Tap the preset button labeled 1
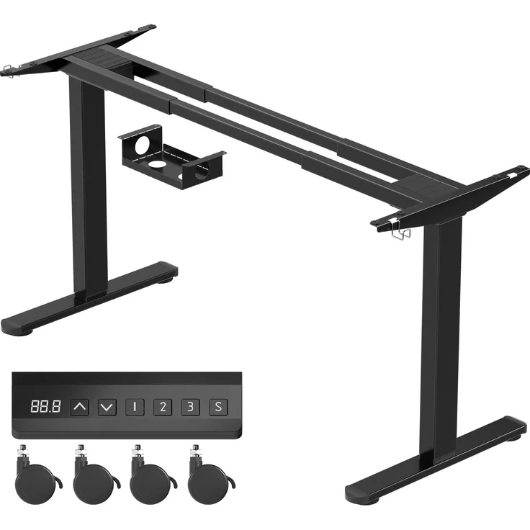point(135,407)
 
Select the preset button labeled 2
point(163,407)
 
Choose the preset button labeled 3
point(190,407)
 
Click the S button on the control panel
point(218,407)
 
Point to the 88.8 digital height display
point(45,406)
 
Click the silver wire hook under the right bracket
point(401,232)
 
